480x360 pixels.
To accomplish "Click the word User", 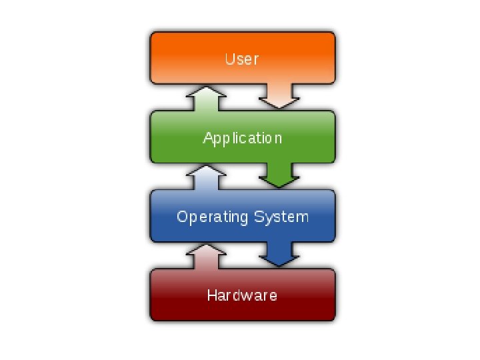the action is coord(241,59).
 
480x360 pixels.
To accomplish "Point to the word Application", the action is coord(243,138).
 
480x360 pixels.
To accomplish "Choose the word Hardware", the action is coord(242,295).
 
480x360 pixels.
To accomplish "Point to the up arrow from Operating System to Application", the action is coord(203,178).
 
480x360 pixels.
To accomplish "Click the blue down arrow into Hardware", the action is coord(279,254).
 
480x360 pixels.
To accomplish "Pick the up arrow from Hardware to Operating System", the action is coord(203,257).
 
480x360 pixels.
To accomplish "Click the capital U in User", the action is coord(229,59).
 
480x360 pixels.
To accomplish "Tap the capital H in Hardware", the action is coord(211,295).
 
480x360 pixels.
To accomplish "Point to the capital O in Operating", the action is coord(181,217).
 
